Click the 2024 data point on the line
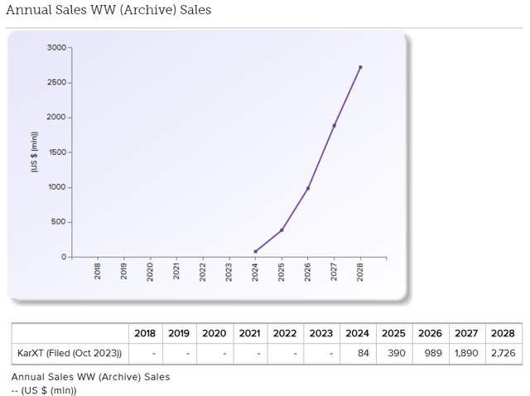(x=255, y=251)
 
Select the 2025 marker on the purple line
(x=282, y=229)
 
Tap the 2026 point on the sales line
(x=308, y=188)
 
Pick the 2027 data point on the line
(x=335, y=125)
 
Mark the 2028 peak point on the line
(x=360, y=67)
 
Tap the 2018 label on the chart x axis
(x=98, y=271)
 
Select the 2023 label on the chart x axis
(x=229, y=271)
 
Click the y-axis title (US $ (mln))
(x=35, y=152)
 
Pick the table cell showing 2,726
(x=502, y=354)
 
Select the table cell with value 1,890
(x=466, y=354)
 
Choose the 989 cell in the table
(x=431, y=354)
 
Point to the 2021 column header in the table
(x=249, y=333)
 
